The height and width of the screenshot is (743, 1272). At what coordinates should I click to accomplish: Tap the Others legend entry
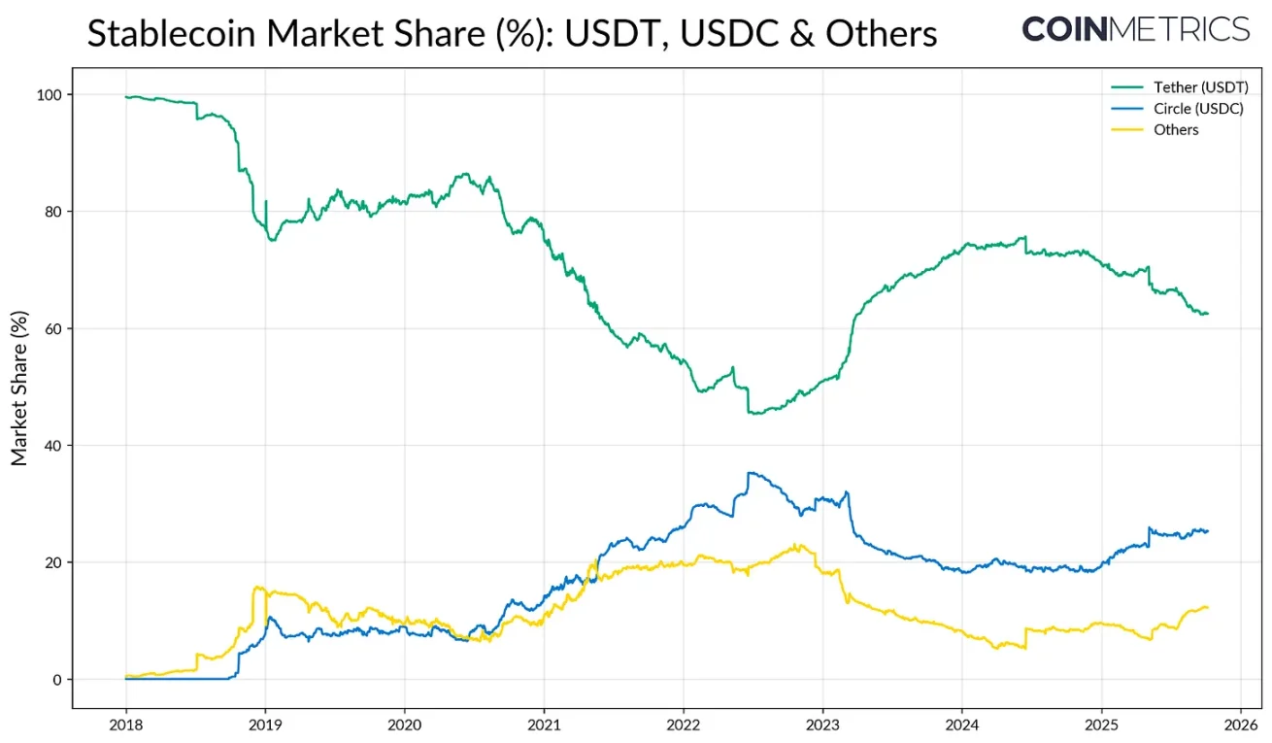tap(1176, 130)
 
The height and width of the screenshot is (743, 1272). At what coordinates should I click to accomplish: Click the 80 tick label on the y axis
tap(53, 212)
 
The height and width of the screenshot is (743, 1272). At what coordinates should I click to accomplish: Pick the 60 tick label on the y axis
tap(53, 329)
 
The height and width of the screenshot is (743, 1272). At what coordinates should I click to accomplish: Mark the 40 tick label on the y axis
tap(53, 446)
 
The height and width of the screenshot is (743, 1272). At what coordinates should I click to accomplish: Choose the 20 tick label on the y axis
tap(53, 563)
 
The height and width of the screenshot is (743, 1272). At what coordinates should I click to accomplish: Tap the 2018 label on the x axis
tap(125, 725)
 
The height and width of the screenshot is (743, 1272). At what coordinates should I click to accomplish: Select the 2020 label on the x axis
tap(404, 725)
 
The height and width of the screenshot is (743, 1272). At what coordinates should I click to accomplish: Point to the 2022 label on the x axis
tap(683, 725)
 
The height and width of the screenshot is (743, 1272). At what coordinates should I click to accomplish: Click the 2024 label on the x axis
tap(961, 725)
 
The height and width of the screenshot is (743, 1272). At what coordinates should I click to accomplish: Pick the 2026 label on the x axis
tap(1240, 725)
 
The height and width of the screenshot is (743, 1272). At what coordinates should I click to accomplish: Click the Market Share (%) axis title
tap(19, 388)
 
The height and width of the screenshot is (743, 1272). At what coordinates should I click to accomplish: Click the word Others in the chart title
tap(882, 34)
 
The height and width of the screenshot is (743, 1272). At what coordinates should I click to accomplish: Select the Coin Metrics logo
tap(1135, 29)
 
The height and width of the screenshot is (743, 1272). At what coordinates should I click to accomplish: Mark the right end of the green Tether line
tap(1208, 313)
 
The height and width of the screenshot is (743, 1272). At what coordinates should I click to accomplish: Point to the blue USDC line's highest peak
tap(749, 473)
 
